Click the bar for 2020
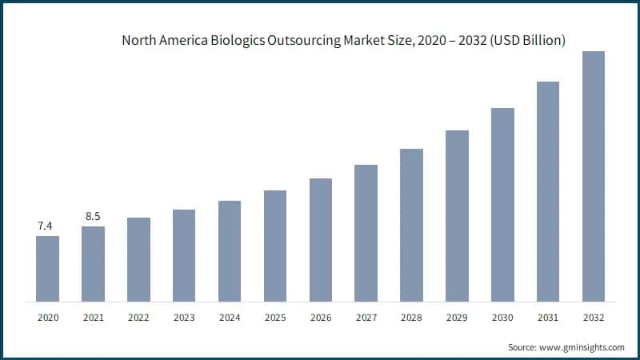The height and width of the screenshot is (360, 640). click(47, 269)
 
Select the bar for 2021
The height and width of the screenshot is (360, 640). click(93, 264)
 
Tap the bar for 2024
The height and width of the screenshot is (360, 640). click(230, 251)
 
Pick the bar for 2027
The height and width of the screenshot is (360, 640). click(366, 234)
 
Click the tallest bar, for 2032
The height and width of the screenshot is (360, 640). click(593, 177)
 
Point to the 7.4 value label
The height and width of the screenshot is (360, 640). click(46, 226)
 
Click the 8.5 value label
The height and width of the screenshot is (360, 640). click(93, 217)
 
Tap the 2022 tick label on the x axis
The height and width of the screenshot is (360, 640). click(138, 318)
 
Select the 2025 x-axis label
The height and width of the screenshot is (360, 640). click(275, 318)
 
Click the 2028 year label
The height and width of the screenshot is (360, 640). click(411, 318)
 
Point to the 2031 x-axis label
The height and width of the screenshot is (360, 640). click(547, 318)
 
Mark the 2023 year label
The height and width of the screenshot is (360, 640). click(184, 318)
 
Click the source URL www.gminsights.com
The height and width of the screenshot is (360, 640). click(582, 347)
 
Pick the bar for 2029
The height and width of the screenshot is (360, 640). click(457, 216)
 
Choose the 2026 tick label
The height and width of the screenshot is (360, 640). click(320, 318)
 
